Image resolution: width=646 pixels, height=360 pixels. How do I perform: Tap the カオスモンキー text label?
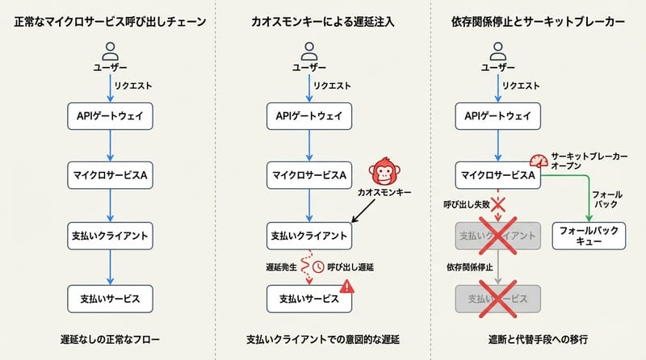(x=384, y=195)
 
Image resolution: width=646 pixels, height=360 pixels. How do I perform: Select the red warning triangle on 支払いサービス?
(x=346, y=286)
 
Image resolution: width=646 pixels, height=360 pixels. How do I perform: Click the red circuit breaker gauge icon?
(x=539, y=161)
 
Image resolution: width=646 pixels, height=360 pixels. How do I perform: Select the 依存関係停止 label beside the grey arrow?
(x=468, y=266)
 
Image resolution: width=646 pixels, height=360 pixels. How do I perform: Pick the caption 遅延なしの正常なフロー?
(x=109, y=337)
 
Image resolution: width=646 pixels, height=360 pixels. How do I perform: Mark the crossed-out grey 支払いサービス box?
(x=497, y=299)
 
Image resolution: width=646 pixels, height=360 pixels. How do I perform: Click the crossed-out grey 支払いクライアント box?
(x=497, y=236)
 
